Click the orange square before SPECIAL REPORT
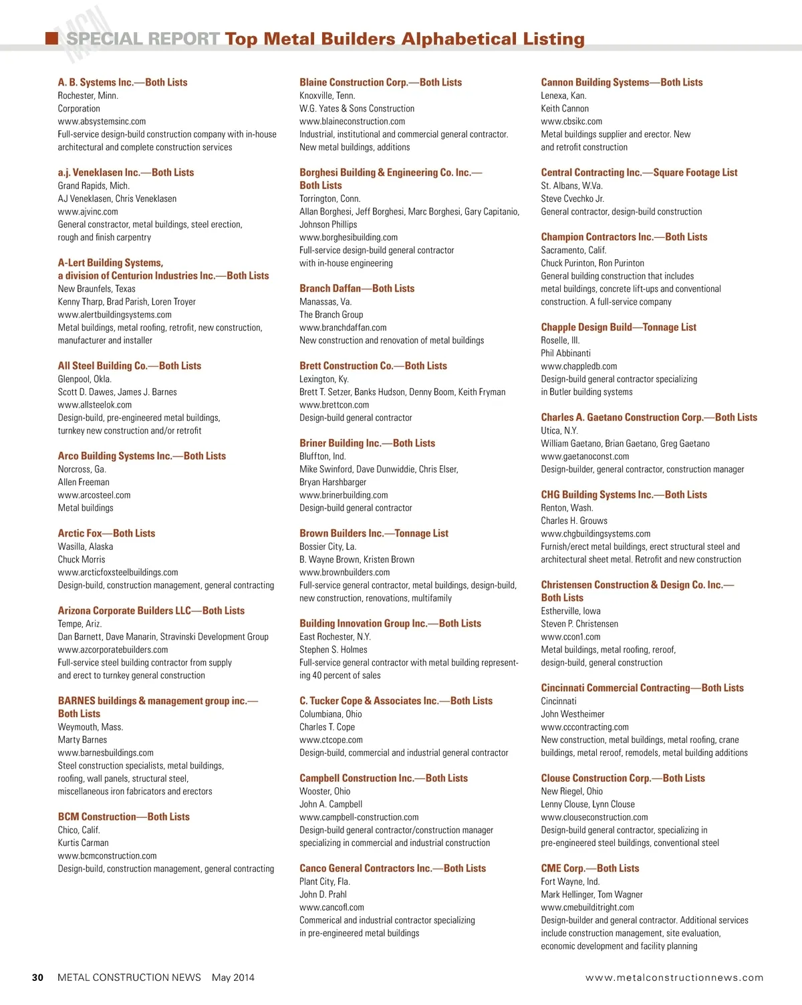coord(51,38)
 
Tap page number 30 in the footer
coord(37,978)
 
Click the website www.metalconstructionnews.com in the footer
coord(674,978)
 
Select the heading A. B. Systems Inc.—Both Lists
coord(122,82)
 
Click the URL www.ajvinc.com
coord(88,212)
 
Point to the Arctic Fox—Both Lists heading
coord(106,533)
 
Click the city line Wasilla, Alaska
coord(85,547)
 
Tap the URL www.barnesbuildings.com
coord(106,753)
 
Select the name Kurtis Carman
coord(83,843)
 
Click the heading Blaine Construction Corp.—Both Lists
coord(380,82)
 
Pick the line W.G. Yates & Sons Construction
coord(356,108)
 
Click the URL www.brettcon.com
coord(334,405)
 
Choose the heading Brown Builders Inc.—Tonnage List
coord(374,533)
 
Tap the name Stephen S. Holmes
coord(333,650)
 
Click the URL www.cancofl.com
coord(331,907)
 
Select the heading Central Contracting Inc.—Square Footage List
coord(639,172)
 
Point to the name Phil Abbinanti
coord(565,353)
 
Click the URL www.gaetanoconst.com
coord(585,456)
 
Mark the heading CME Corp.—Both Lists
coord(589,869)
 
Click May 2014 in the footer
coord(233,978)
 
